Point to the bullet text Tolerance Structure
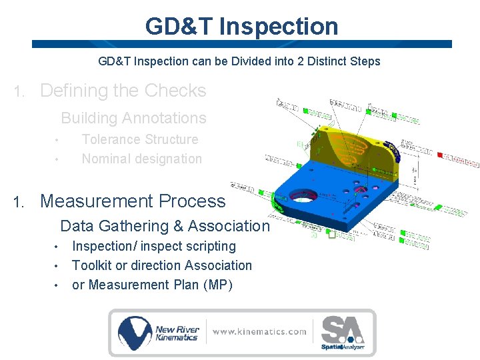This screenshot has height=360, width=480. pyautogui.click(x=139, y=139)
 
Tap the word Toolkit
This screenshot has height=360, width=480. pyautogui.click(x=92, y=265)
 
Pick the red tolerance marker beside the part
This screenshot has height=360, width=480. pyautogui.click(x=440, y=155)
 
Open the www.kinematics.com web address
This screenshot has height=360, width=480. pyautogui.click(x=259, y=331)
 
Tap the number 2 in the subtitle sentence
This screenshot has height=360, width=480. pyautogui.click(x=297, y=61)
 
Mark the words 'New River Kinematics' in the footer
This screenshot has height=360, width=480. pyautogui.click(x=176, y=333)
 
